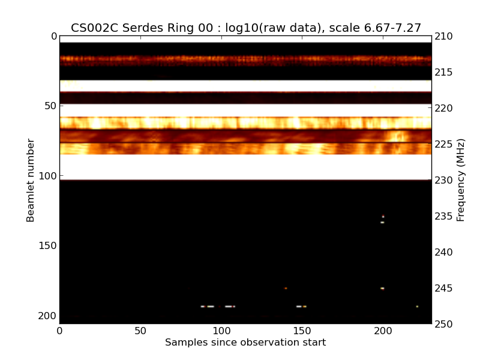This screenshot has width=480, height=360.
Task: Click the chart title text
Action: click(x=246, y=28)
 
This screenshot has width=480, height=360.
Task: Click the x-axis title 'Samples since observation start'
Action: click(x=245, y=343)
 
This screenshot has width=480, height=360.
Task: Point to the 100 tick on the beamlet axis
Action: click(x=49, y=176)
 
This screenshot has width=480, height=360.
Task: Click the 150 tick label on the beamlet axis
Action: click(x=49, y=245)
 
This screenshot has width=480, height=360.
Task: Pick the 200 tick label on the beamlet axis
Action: click(x=49, y=316)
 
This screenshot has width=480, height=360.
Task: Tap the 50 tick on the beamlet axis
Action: click(x=52, y=106)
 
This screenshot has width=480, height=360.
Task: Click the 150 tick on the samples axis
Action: click(x=302, y=331)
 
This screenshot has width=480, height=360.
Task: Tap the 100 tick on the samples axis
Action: click(x=221, y=331)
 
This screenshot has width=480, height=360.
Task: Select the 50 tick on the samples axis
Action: click(x=140, y=331)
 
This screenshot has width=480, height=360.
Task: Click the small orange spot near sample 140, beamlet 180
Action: click(x=286, y=288)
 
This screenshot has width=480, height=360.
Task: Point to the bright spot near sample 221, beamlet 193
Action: click(x=417, y=306)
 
